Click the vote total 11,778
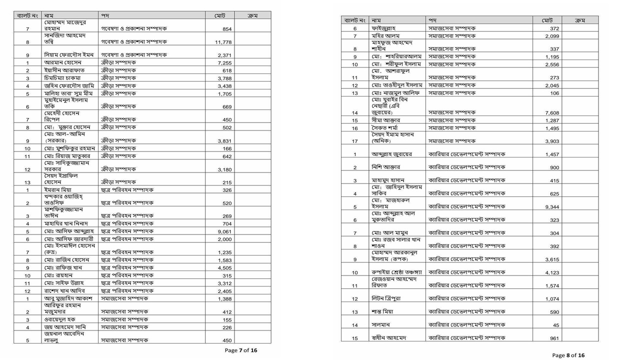(x=223, y=42)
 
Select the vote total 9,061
(x=224, y=232)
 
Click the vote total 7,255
(x=224, y=63)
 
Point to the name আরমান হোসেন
(x=62, y=63)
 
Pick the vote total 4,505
(x=224, y=268)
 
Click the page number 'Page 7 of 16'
(x=240, y=350)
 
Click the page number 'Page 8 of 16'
(x=568, y=355)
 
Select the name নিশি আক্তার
(x=385, y=167)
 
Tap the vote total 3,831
(x=224, y=141)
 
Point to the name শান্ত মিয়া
(x=382, y=312)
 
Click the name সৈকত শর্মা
(x=384, y=128)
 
